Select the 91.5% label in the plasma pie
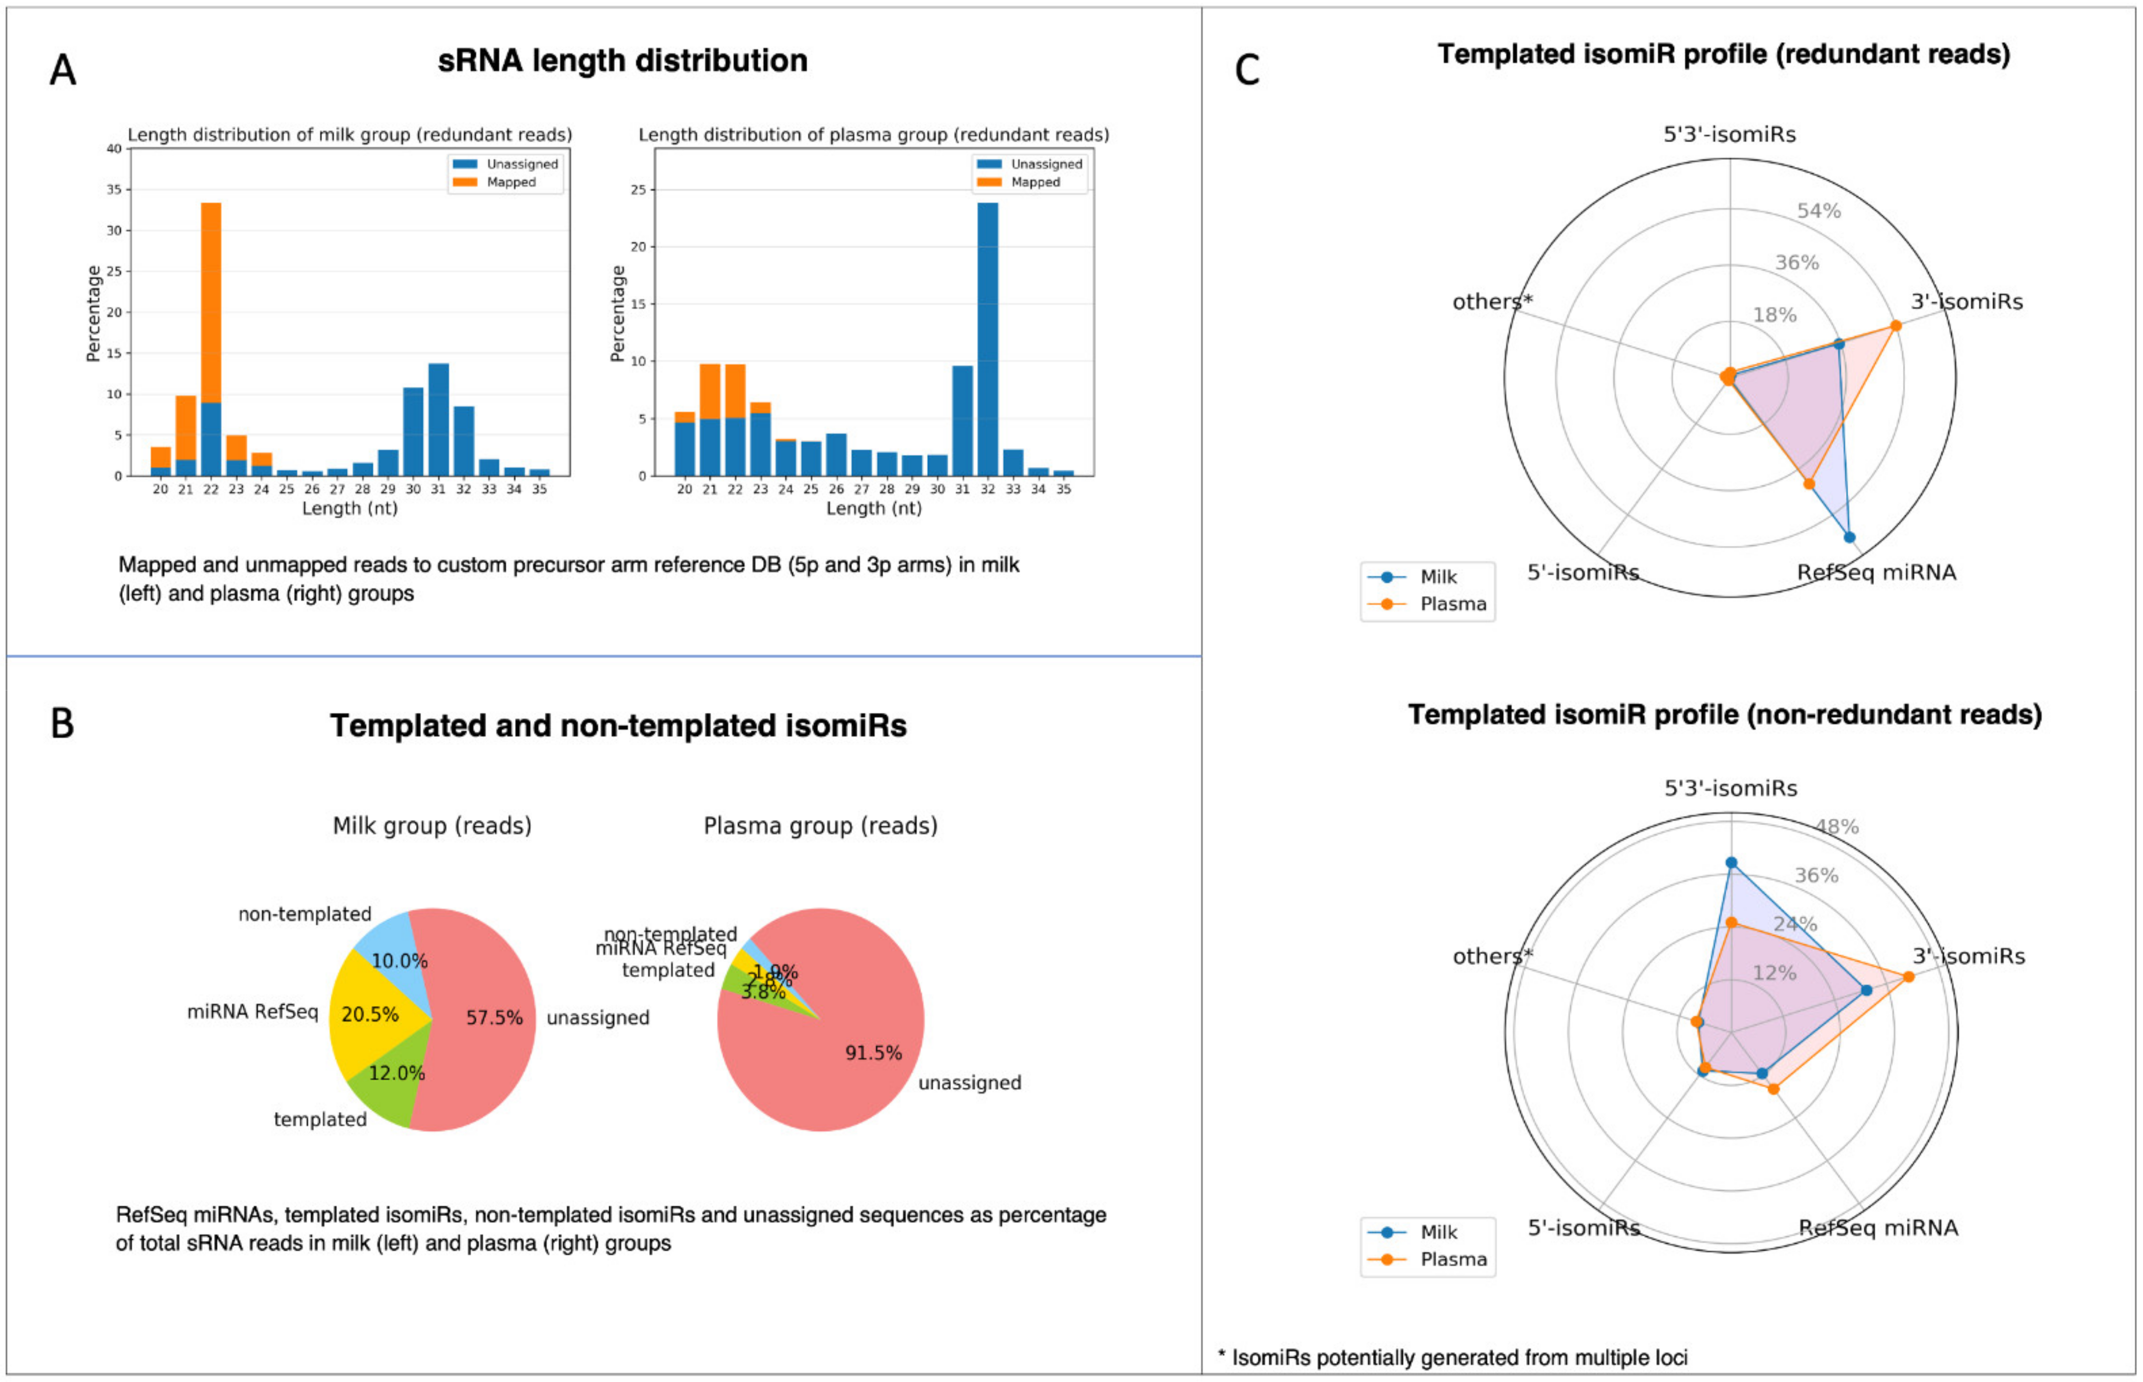(x=873, y=1052)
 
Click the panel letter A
(x=62, y=70)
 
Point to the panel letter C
(x=1247, y=70)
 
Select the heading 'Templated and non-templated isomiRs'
(x=618, y=725)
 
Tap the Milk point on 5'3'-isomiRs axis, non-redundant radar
(x=1731, y=863)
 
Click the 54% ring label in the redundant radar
(x=1818, y=211)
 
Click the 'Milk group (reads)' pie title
(x=431, y=826)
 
